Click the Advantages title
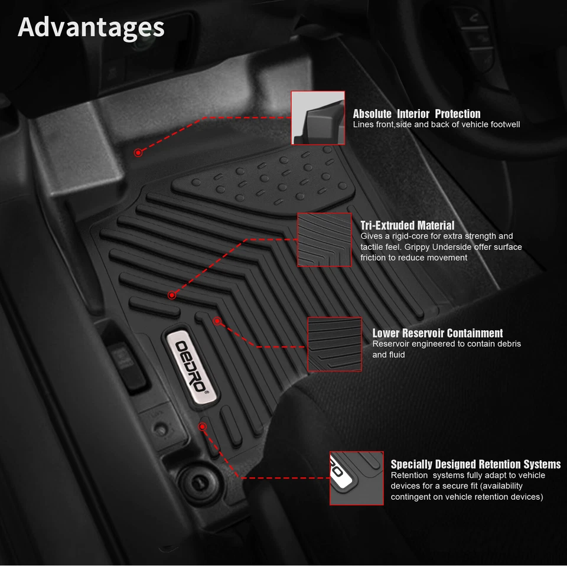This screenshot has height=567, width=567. (x=91, y=27)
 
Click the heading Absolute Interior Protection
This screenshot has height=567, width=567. (x=416, y=113)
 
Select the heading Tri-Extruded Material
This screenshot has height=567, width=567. (x=407, y=225)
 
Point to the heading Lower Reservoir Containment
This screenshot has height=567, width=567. (x=437, y=333)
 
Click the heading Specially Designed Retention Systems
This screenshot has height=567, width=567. (x=475, y=464)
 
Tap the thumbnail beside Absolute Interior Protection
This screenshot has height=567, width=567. (x=318, y=118)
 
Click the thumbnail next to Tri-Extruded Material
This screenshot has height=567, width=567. (x=325, y=239)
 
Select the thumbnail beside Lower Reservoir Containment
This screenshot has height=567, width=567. (x=334, y=344)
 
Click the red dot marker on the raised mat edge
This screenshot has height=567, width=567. (x=138, y=152)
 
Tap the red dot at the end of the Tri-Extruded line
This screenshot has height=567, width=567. (x=172, y=295)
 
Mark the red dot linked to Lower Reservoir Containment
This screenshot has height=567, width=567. (x=217, y=321)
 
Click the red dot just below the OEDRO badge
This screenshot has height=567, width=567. (x=203, y=425)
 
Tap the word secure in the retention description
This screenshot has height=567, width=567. (x=445, y=486)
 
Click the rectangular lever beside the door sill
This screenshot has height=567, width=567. (x=123, y=359)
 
